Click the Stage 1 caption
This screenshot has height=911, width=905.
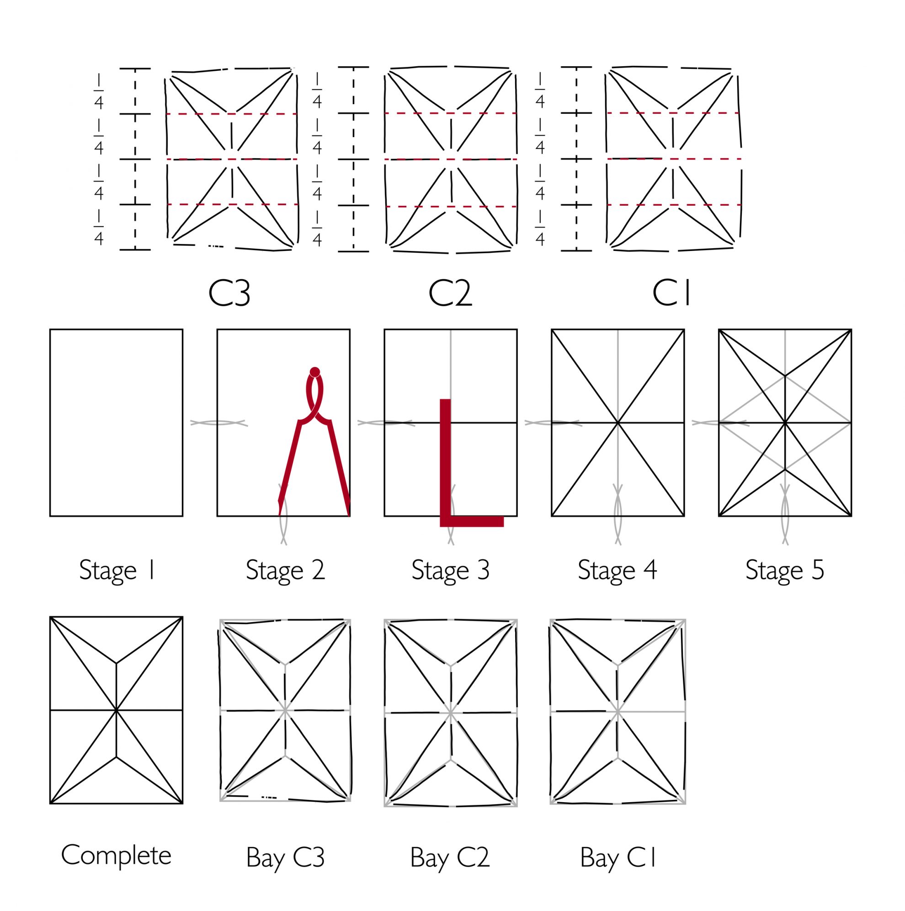117,570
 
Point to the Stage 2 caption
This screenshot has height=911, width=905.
285,570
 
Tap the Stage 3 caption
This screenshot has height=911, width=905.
450,570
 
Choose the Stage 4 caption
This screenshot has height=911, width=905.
618,570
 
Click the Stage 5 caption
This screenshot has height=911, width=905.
785,570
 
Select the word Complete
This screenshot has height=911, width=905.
116,855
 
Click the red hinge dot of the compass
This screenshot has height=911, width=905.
315,372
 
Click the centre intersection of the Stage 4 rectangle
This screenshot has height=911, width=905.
618,422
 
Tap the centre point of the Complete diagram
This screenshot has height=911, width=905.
116,710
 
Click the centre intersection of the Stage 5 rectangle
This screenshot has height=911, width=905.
785,422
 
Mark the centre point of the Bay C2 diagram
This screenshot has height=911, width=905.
450,713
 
